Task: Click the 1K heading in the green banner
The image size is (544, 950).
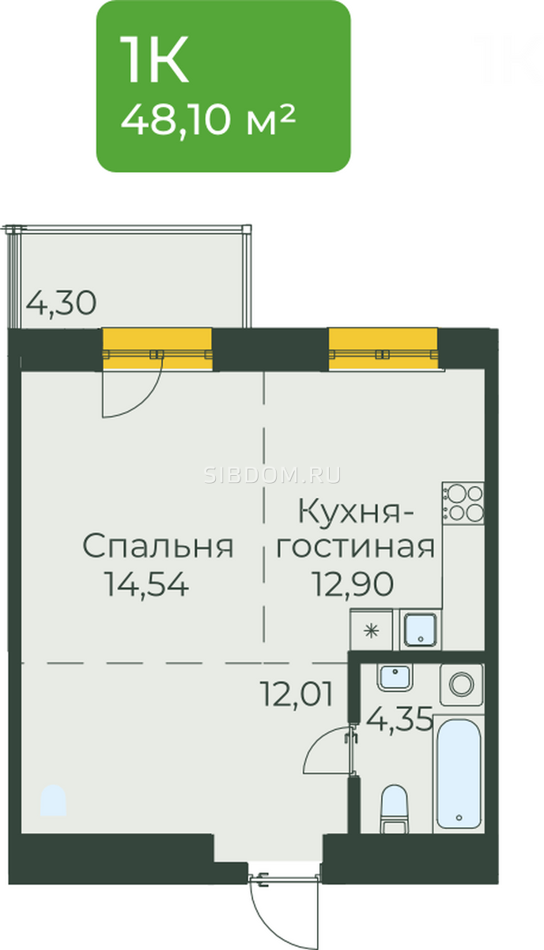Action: [154, 60]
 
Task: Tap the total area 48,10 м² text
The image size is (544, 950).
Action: [208, 120]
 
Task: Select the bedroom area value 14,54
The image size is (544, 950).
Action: [146, 584]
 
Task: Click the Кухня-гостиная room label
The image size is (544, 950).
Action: [356, 528]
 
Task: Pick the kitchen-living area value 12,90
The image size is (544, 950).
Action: [353, 584]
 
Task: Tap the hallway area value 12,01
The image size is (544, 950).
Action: [297, 694]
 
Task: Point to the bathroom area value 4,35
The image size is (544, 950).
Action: [399, 719]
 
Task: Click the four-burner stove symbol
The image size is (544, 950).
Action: [463, 503]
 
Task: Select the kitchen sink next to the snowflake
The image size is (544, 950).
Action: [419, 630]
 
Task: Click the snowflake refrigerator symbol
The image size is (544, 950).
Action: [372, 631]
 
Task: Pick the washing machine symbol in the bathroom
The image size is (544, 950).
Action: [462, 685]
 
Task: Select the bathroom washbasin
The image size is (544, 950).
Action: [395, 677]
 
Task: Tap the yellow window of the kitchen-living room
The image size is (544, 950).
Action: [383, 349]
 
